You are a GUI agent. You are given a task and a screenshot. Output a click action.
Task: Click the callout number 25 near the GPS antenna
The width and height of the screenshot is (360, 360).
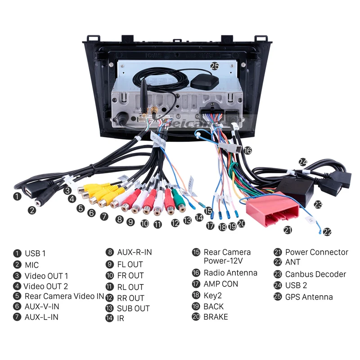[x=215, y=66]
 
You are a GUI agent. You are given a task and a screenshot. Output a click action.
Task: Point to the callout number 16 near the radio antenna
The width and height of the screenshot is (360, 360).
[x=247, y=150]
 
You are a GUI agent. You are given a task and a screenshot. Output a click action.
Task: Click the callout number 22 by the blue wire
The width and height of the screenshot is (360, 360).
[x=327, y=232]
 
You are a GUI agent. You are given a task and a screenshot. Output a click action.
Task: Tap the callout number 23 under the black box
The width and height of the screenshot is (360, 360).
[x=318, y=204]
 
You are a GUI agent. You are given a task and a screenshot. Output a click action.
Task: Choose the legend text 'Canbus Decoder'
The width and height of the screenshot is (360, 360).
[x=315, y=274]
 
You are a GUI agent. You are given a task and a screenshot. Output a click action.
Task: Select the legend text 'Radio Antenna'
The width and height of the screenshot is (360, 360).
[x=230, y=273]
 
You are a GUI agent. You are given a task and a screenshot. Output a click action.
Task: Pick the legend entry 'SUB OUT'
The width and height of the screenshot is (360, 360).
[x=133, y=309]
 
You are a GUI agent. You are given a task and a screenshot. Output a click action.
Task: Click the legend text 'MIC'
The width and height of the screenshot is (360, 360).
[x=31, y=265]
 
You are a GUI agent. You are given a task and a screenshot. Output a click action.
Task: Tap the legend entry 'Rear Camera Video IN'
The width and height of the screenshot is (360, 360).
[x=64, y=296]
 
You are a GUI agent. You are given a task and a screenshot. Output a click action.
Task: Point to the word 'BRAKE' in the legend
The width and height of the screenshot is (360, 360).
[x=216, y=317]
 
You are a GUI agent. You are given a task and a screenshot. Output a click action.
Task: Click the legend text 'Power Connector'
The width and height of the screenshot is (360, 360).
[x=317, y=252]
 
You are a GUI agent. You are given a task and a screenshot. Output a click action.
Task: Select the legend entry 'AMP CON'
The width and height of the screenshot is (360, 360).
[x=221, y=284]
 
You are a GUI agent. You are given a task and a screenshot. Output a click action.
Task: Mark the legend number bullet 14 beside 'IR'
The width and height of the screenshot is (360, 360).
[x=109, y=319]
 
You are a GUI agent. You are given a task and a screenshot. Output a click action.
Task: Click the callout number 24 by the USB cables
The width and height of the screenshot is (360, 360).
[x=303, y=162]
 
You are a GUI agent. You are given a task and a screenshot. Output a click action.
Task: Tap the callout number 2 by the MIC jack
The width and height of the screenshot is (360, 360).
[x=31, y=209]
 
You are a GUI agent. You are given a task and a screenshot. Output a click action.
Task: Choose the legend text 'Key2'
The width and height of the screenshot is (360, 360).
[x=213, y=296]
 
